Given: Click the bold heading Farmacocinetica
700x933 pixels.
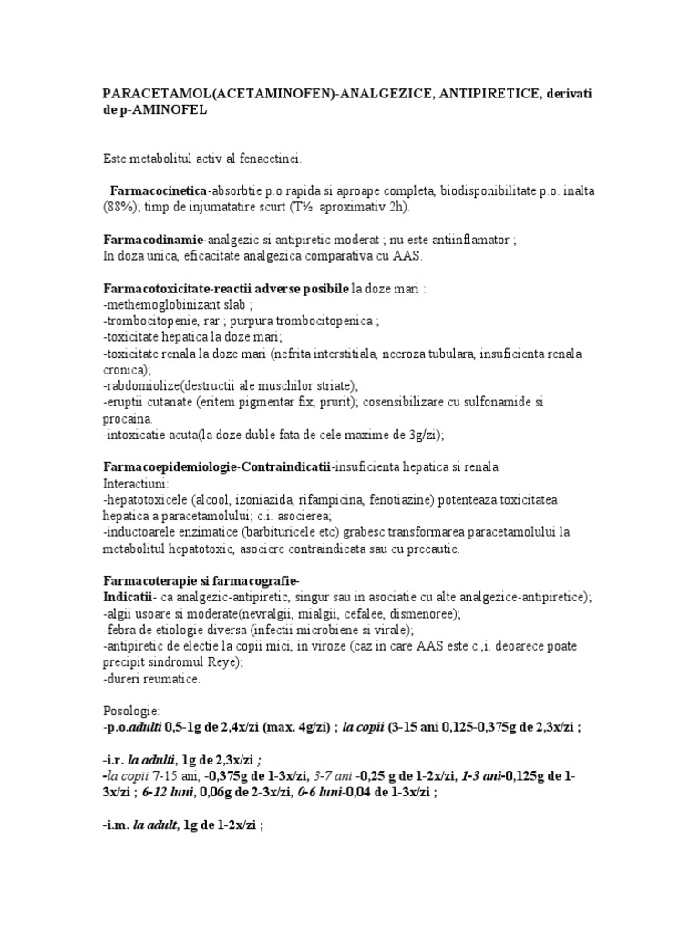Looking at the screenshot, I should pos(159,191).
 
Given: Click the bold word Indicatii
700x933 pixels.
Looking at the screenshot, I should pos(127,597).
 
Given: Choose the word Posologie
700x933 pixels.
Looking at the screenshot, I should pos(132,710).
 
